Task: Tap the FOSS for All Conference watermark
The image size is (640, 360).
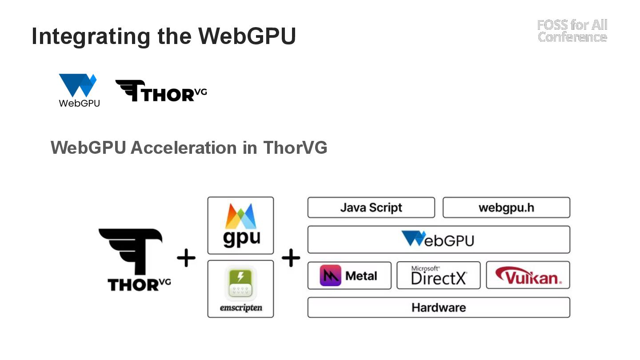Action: [x=572, y=31]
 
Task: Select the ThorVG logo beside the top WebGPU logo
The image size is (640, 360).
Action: [x=161, y=91]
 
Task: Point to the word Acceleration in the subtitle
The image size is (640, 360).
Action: [x=183, y=148]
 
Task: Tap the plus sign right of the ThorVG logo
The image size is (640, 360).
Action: [x=186, y=258]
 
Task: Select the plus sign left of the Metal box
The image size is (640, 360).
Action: [x=291, y=258]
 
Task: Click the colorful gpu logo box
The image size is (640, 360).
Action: [x=240, y=225]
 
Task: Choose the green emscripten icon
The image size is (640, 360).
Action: [x=240, y=283]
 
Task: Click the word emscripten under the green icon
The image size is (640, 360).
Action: [x=240, y=308]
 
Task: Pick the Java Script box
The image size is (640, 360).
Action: [x=371, y=208]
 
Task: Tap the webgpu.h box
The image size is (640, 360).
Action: [x=506, y=208]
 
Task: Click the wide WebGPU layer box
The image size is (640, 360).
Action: [x=438, y=240]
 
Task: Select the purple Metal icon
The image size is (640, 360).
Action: [x=330, y=276]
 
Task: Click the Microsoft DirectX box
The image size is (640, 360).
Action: [x=438, y=276]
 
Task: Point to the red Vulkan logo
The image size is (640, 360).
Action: [x=528, y=276]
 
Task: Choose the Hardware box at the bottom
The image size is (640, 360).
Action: [x=438, y=308]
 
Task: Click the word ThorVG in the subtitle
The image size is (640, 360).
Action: [x=295, y=148]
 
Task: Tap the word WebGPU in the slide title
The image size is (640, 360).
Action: [x=247, y=36]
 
